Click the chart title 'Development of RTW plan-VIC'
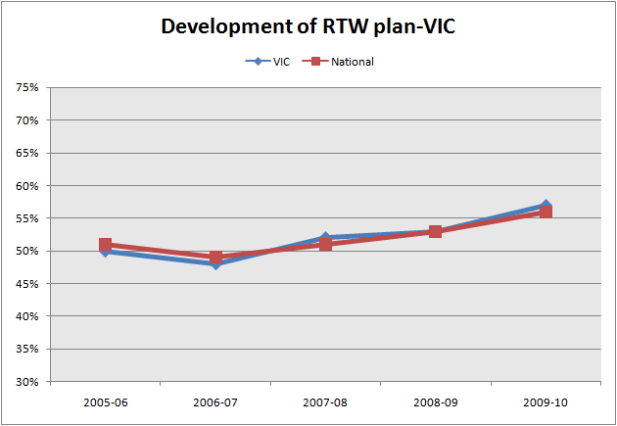pos(308,26)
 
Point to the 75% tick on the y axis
pos(26,88)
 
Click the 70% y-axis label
pos(26,120)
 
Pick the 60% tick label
pos(26,186)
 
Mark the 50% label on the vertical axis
pos(26,252)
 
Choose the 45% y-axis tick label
pos(26,284)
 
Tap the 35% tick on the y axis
pos(26,350)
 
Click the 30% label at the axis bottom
pos(26,382)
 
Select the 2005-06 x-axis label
pos(105,401)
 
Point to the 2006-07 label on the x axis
pos(215,401)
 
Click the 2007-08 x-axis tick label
pos(325,401)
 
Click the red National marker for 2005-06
pos(105,245)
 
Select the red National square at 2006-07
pos(215,258)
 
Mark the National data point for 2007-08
pos(325,245)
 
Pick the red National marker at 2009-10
pos(546,212)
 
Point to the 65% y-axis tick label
pos(26,154)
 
